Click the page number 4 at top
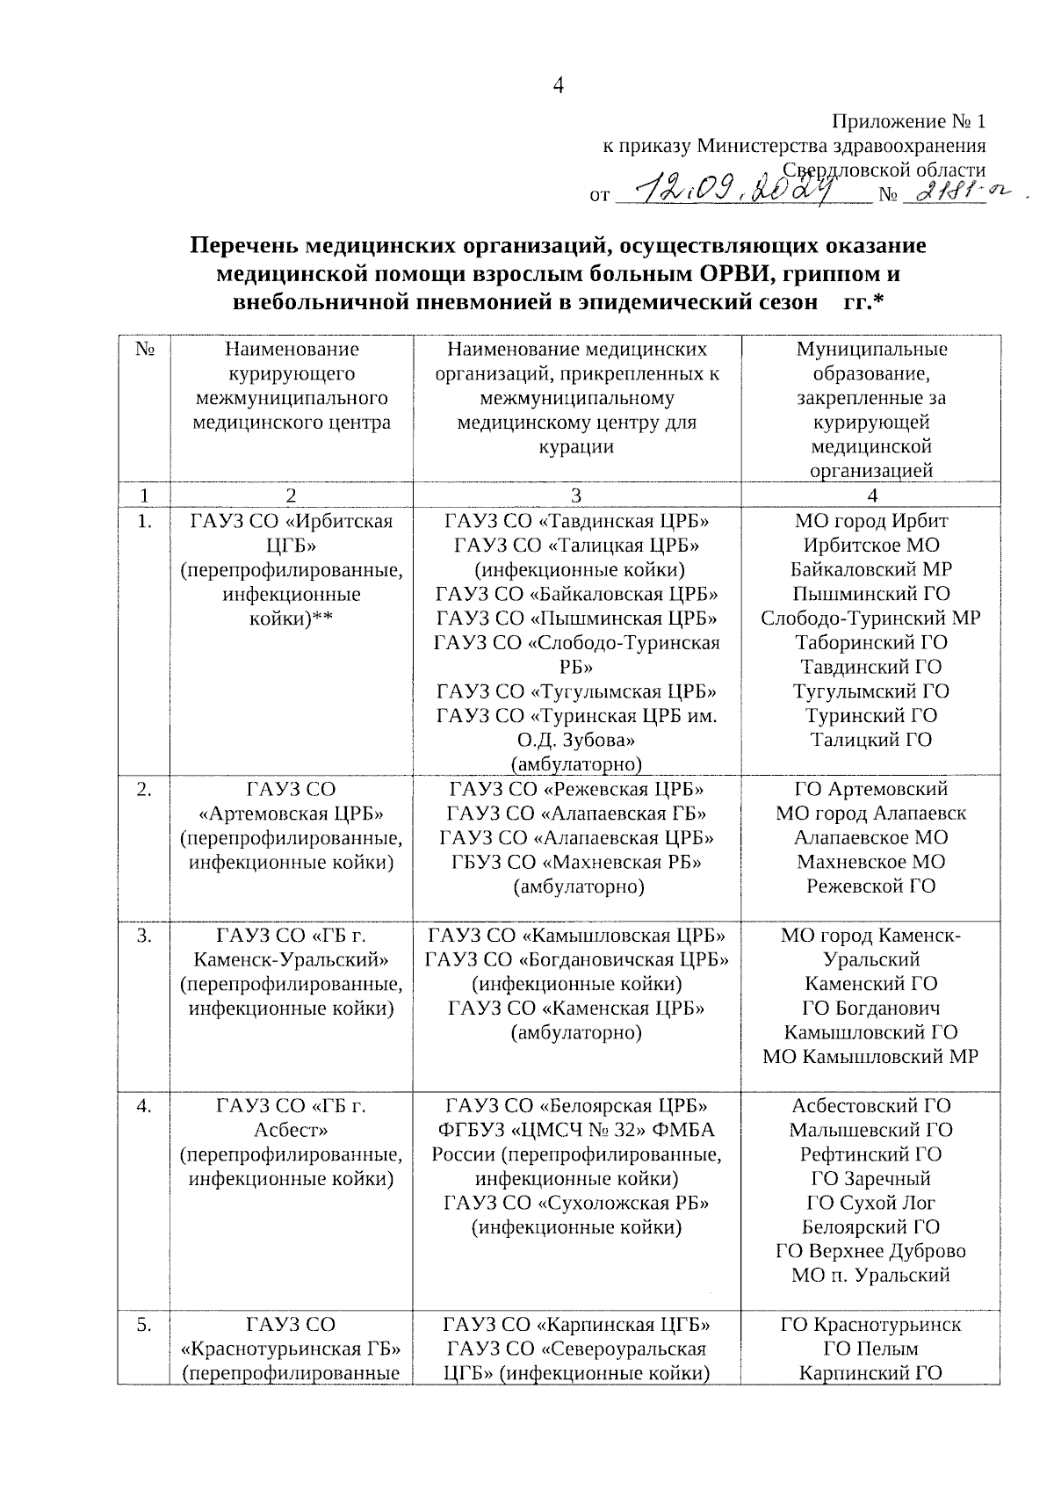pyautogui.click(x=557, y=85)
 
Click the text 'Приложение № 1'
pyautogui.click(x=908, y=121)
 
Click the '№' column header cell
pyautogui.click(x=145, y=349)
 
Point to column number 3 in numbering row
pyautogui.click(x=576, y=495)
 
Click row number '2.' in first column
pyautogui.click(x=145, y=789)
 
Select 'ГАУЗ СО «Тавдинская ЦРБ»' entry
pyautogui.click(x=577, y=520)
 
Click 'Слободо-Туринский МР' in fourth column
pyautogui.click(x=870, y=618)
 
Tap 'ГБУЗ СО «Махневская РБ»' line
pyautogui.click(x=577, y=862)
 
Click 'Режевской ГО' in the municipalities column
pyautogui.click(x=870, y=886)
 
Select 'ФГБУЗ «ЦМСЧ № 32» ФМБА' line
pyautogui.click(x=577, y=1130)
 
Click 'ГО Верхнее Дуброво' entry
pyautogui.click(x=870, y=1251)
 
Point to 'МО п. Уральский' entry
pyautogui.click(x=870, y=1276)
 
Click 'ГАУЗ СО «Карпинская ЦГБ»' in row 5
pyautogui.click(x=577, y=1324)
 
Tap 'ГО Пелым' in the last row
pyautogui.click(x=870, y=1349)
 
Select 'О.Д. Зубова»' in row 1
pyautogui.click(x=577, y=739)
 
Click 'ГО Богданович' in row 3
pyautogui.click(x=870, y=1008)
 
